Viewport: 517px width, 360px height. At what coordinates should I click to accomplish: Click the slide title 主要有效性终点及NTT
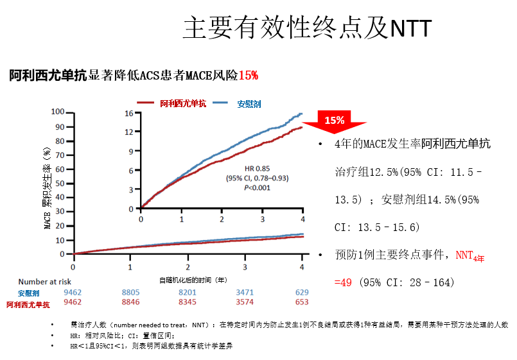click(307, 28)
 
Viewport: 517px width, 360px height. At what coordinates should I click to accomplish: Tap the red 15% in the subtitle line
click(248, 76)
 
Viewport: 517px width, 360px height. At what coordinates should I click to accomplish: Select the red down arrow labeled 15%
click(334, 123)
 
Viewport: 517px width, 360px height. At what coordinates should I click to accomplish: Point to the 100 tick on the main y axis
click(58, 112)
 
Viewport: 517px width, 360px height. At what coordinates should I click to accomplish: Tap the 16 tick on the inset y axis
click(128, 114)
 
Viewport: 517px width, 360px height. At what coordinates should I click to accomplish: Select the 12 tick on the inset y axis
click(128, 132)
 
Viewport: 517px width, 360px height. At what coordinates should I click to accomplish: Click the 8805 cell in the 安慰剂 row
click(130, 292)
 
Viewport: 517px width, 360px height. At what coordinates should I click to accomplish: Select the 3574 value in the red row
click(245, 302)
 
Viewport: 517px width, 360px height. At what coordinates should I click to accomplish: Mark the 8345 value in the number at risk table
click(188, 302)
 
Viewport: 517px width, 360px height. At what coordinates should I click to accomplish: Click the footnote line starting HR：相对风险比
click(121, 336)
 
